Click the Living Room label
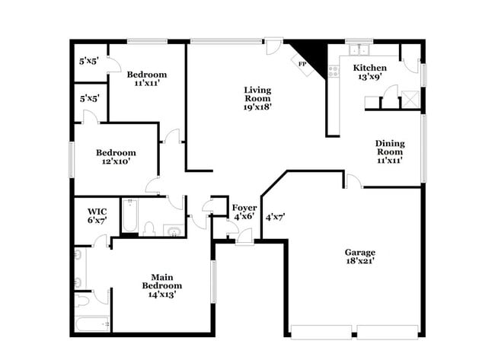257,98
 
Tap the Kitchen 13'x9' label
369,72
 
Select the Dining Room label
389,151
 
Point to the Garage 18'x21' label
360,256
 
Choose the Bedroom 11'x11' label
147,79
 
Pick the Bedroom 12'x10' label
116,157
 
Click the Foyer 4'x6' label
244,212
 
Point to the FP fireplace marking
302,64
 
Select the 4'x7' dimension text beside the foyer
273,217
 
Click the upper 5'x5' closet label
90,59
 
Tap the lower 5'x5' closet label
90,98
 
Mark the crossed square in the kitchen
410,99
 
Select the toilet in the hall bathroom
150,229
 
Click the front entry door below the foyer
244,239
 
